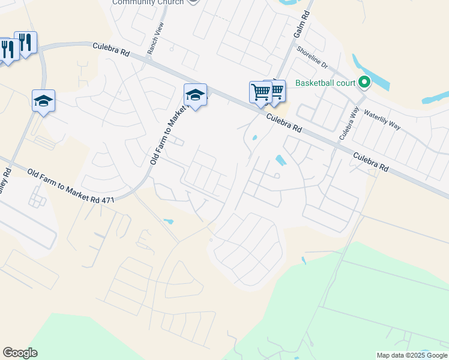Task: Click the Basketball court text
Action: coord(325,83)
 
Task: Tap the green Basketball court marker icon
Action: coord(364,82)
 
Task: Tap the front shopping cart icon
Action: coord(261,92)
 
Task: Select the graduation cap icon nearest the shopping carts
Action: coord(195,95)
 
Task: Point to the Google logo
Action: coord(20,353)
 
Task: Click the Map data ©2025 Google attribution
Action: coord(412,355)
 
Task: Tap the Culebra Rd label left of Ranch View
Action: coord(111,49)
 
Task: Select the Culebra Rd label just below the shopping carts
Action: coord(284,122)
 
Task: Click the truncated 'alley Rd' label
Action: coord(6,179)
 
